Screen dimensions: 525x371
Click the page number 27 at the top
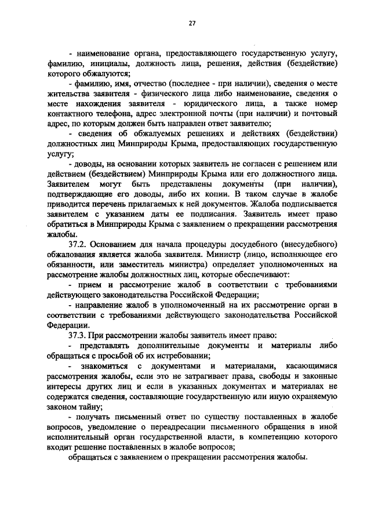pyautogui.click(x=192, y=23)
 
